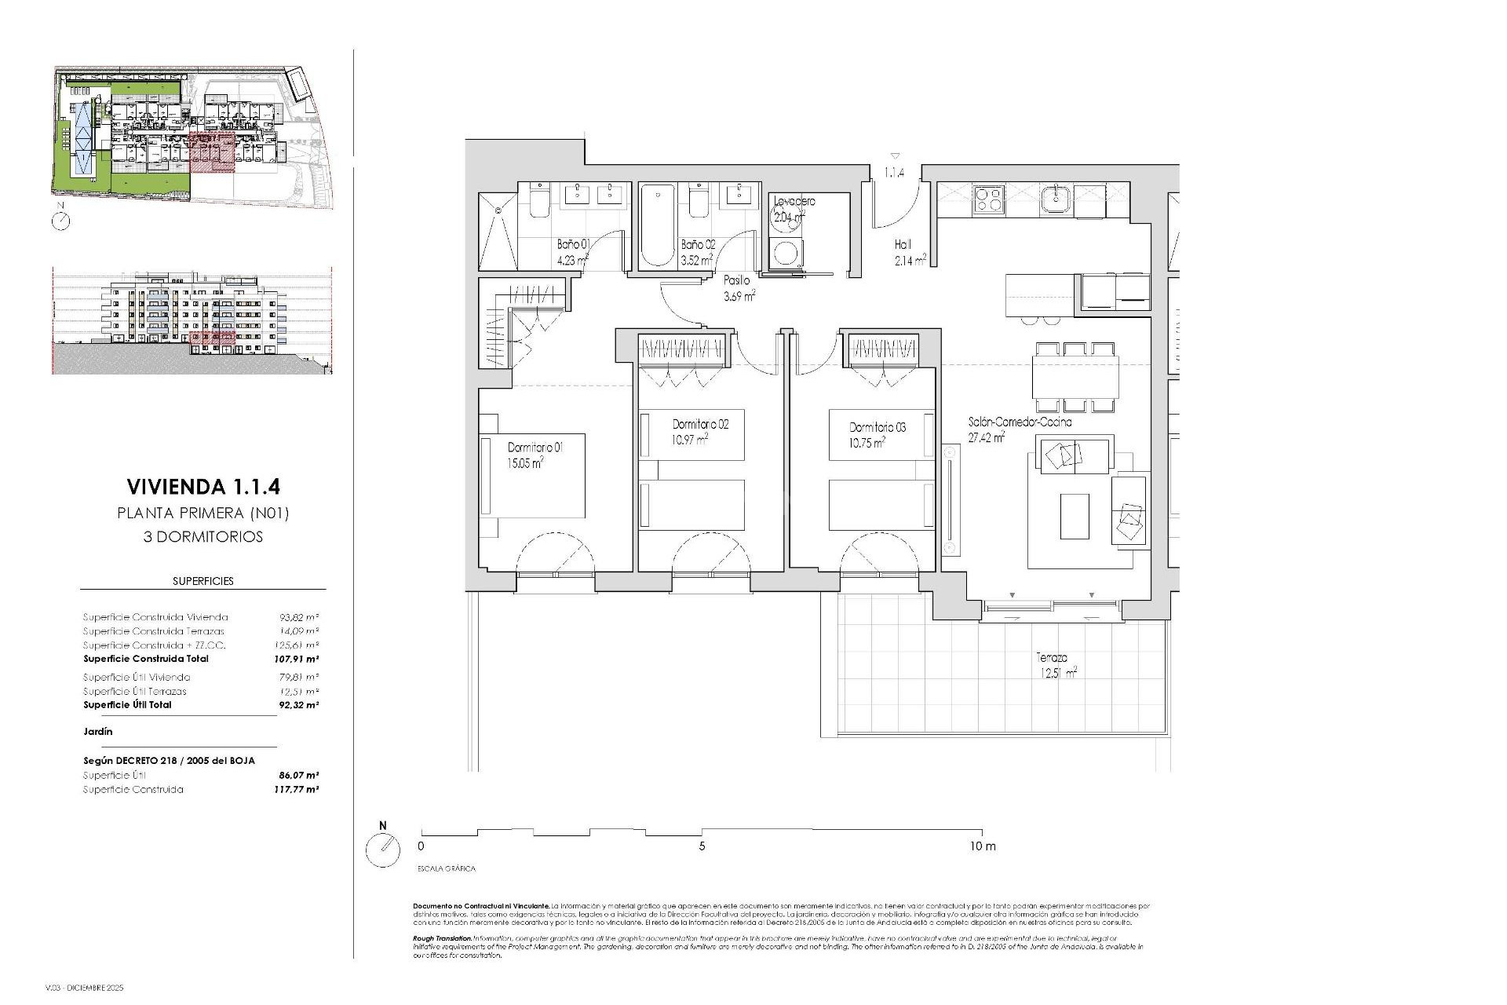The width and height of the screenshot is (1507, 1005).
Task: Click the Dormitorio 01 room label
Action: pyautogui.click(x=535, y=448)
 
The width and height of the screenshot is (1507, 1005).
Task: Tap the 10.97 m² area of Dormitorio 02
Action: pyautogui.click(x=690, y=440)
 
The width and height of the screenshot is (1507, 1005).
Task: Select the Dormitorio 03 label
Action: pyautogui.click(x=878, y=428)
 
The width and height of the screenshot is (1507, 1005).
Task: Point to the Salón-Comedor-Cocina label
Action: pyautogui.click(x=1020, y=422)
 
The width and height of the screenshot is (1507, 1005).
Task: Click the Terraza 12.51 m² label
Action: pyautogui.click(x=1055, y=665)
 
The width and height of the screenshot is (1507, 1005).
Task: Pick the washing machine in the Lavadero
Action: pyautogui.click(x=786, y=253)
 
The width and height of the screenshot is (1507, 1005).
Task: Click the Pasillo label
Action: pyautogui.click(x=737, y=280)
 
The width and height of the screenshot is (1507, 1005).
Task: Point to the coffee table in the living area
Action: pyautogui.click(x=1074, y=516)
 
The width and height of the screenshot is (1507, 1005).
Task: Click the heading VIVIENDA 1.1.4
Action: pyautogui.click(x=203, y=487)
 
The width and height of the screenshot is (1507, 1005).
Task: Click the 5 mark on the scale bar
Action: pyautogui.click(x=702, y=846)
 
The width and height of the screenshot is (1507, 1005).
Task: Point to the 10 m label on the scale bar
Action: pyautogui.click(x=982, y=846)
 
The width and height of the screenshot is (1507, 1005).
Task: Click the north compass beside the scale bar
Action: pyautogui.click(x=383, y=850)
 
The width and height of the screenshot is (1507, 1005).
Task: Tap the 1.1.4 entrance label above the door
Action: pyautogui.click(x=895, y=172)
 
